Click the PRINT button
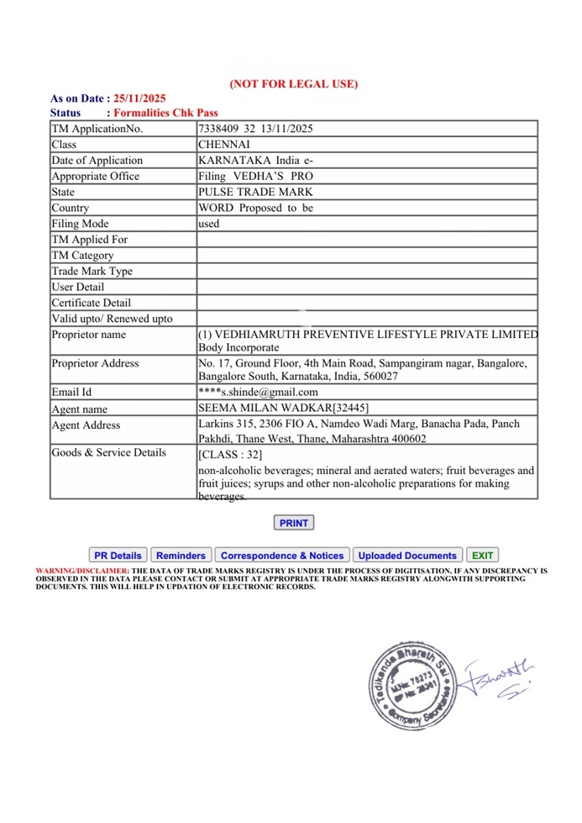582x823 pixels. [293, 523]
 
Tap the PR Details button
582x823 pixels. [118, 556]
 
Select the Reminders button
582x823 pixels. [181, 556]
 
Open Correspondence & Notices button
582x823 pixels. [282, 556]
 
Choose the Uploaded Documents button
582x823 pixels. [407, 556]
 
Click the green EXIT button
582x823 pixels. [482, 556]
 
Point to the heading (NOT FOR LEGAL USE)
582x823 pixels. [294, 83]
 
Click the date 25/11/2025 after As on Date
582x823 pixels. [140, 99]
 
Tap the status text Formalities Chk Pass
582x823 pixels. [165, 113]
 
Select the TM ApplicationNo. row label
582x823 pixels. [97, 129]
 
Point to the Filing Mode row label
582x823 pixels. [81, 224]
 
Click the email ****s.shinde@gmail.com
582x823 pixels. [258, 392]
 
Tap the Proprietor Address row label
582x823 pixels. [95, 363]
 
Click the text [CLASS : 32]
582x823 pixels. [224, 455]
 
